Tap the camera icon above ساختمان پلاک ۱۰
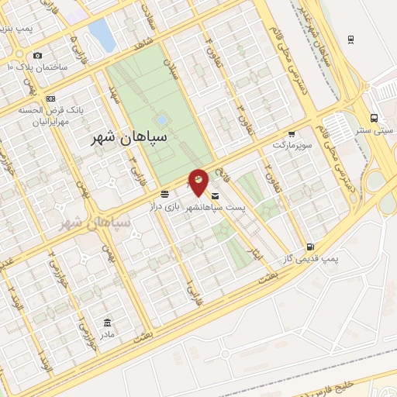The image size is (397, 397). pyautogui.click(x=36, y=55)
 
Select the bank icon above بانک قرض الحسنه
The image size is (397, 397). pyautogui.click(x=51, y=98)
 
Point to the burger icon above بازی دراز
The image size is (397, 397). pyautogui.click(x=165, y=192)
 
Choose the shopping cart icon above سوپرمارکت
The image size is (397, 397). pyautogui.click(x=292, y=133)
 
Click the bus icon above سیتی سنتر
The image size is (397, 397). pyautogui.click(x=375, y=119)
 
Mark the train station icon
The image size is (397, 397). pyautogui.click(x=351, y=40)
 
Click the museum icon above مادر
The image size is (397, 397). pyautogui.click(x=107, y=323)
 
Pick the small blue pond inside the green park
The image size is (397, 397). pyautogui.click(x=161, y=121)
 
